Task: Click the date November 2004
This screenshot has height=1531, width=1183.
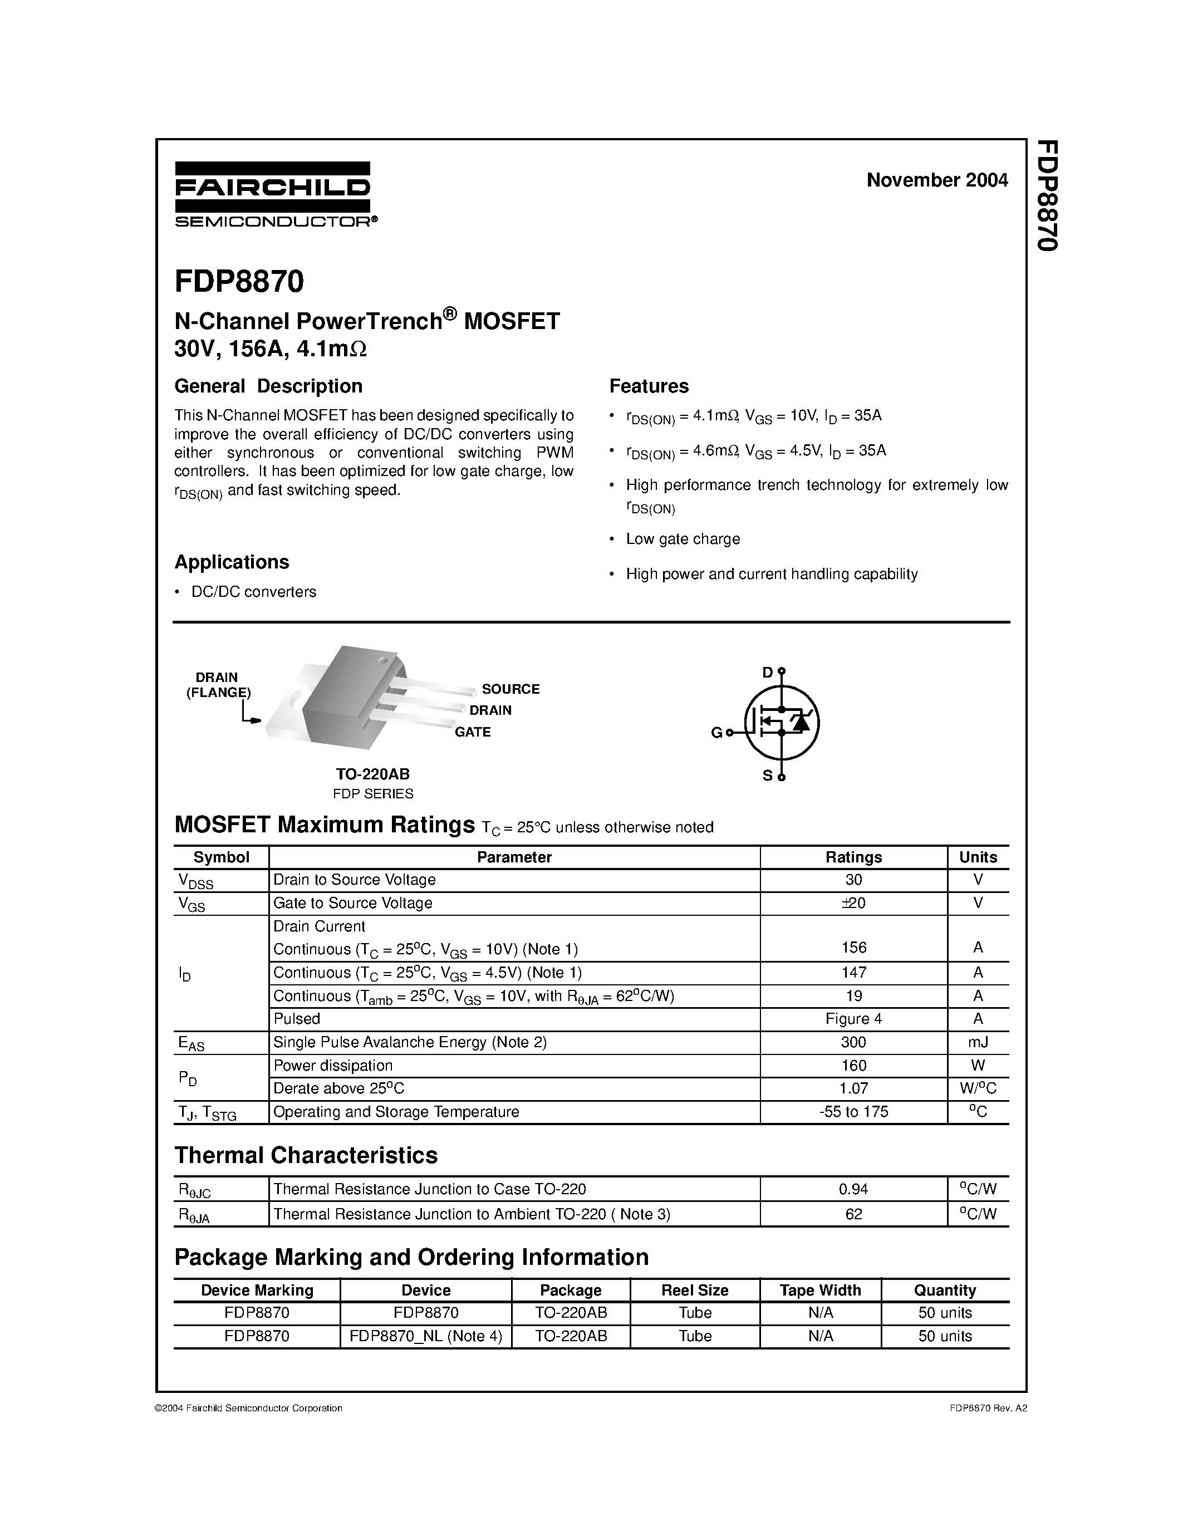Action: (x=936, y=180)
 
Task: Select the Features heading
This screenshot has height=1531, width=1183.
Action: (x=648, y=386)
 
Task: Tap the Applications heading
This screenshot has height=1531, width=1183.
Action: (x=231, y=562)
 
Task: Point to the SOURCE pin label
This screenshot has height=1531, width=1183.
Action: (x=510, y=689)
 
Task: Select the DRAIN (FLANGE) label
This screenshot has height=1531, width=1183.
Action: (x=217, y=685)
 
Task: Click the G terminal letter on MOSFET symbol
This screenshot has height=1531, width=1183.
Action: (x=716, y=733)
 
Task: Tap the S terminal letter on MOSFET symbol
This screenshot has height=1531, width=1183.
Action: (x=767, y=776)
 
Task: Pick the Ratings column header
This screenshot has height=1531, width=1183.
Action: (x=853, y=857)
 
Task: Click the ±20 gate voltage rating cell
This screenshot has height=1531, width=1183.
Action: (x=853, y=903)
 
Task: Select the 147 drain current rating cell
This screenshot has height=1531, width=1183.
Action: (x=853, y=972)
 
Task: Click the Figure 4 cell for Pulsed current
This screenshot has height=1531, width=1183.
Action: (x=853, y=1019)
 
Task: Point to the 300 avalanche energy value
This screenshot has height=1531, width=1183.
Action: (x=853, y=1042)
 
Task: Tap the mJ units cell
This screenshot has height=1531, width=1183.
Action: (x=978, y=1042)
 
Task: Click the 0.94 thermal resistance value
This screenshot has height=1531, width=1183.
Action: (x=853, y=1189)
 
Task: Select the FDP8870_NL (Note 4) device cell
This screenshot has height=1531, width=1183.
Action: (x=425, y=1336)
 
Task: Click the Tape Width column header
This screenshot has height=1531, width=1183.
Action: (x=820, y=1290)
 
